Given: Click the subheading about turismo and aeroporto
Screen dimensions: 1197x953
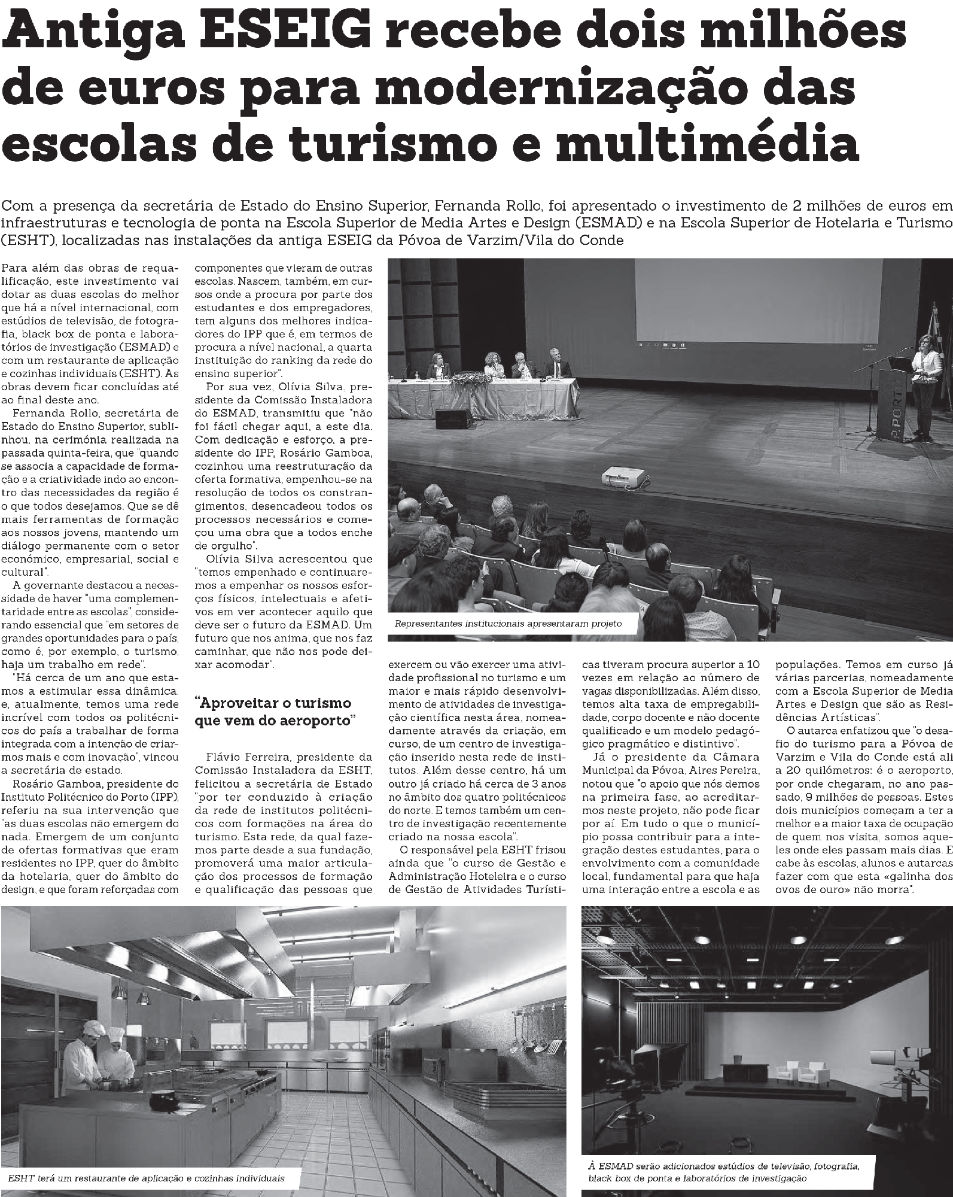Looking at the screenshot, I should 273,712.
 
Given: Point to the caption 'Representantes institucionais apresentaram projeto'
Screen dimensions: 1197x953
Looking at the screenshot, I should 508,624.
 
